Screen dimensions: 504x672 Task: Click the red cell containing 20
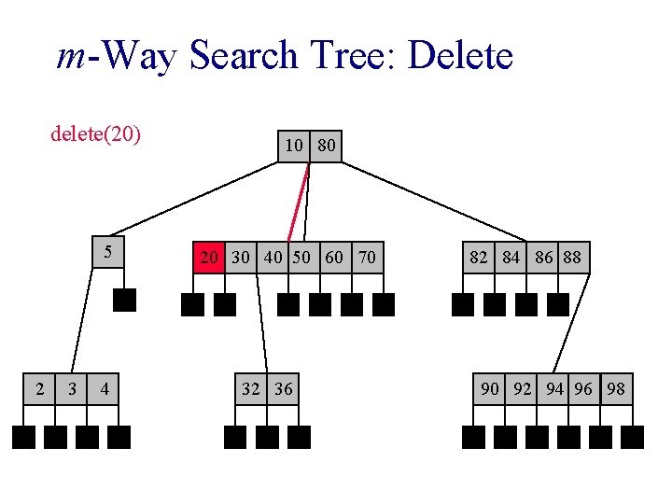(209, 258)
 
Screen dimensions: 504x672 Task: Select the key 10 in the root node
(294, 146)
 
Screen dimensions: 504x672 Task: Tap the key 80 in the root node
(327, 146)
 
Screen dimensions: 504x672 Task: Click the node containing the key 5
(109, 252)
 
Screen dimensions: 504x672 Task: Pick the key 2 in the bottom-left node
(39, 388)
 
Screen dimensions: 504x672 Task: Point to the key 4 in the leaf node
(105, 388)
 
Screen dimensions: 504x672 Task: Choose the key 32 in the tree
(250, 388)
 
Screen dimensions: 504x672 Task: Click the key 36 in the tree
(283, 388)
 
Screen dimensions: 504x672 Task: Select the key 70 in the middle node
(367, 258)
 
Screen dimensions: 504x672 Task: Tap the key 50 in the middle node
(301, 258)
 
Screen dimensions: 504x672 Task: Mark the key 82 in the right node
(479, 258)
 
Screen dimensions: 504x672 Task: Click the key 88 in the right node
(572, 258)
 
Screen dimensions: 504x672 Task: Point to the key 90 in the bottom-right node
(490, 388)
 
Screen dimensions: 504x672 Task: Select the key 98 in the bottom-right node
(616, 388)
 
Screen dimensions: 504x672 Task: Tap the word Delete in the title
(460, 57)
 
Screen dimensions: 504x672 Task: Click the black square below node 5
(124, 300)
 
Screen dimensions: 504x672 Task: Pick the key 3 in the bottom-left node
(72, 388)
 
